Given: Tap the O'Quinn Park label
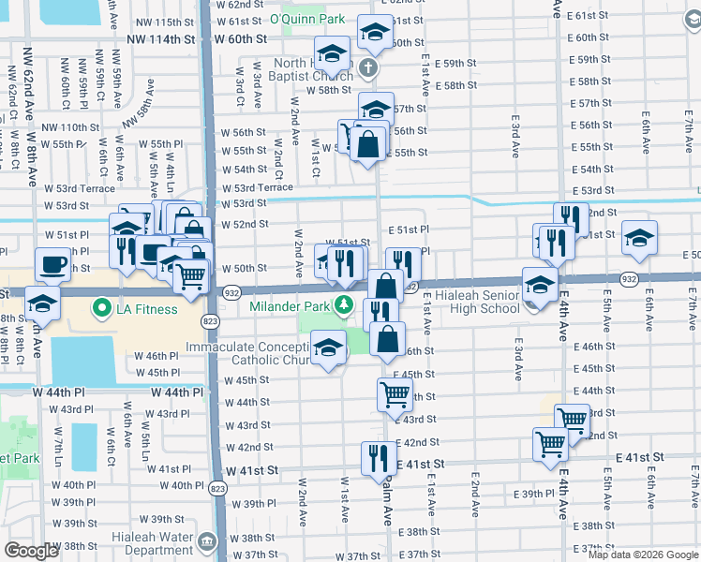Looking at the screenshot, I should (x=306, y=19).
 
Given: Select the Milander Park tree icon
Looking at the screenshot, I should (x=344, y=305).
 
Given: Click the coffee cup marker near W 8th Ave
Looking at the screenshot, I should (x=52, y=263).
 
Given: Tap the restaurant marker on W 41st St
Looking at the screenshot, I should (x=379, y=458).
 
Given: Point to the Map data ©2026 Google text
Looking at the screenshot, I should (x=643, y=555).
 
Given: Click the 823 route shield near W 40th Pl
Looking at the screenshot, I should (x=217, y=489).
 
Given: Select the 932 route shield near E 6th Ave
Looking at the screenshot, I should (x=626, y=277).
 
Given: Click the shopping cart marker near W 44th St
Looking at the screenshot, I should (x=395, y=393).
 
